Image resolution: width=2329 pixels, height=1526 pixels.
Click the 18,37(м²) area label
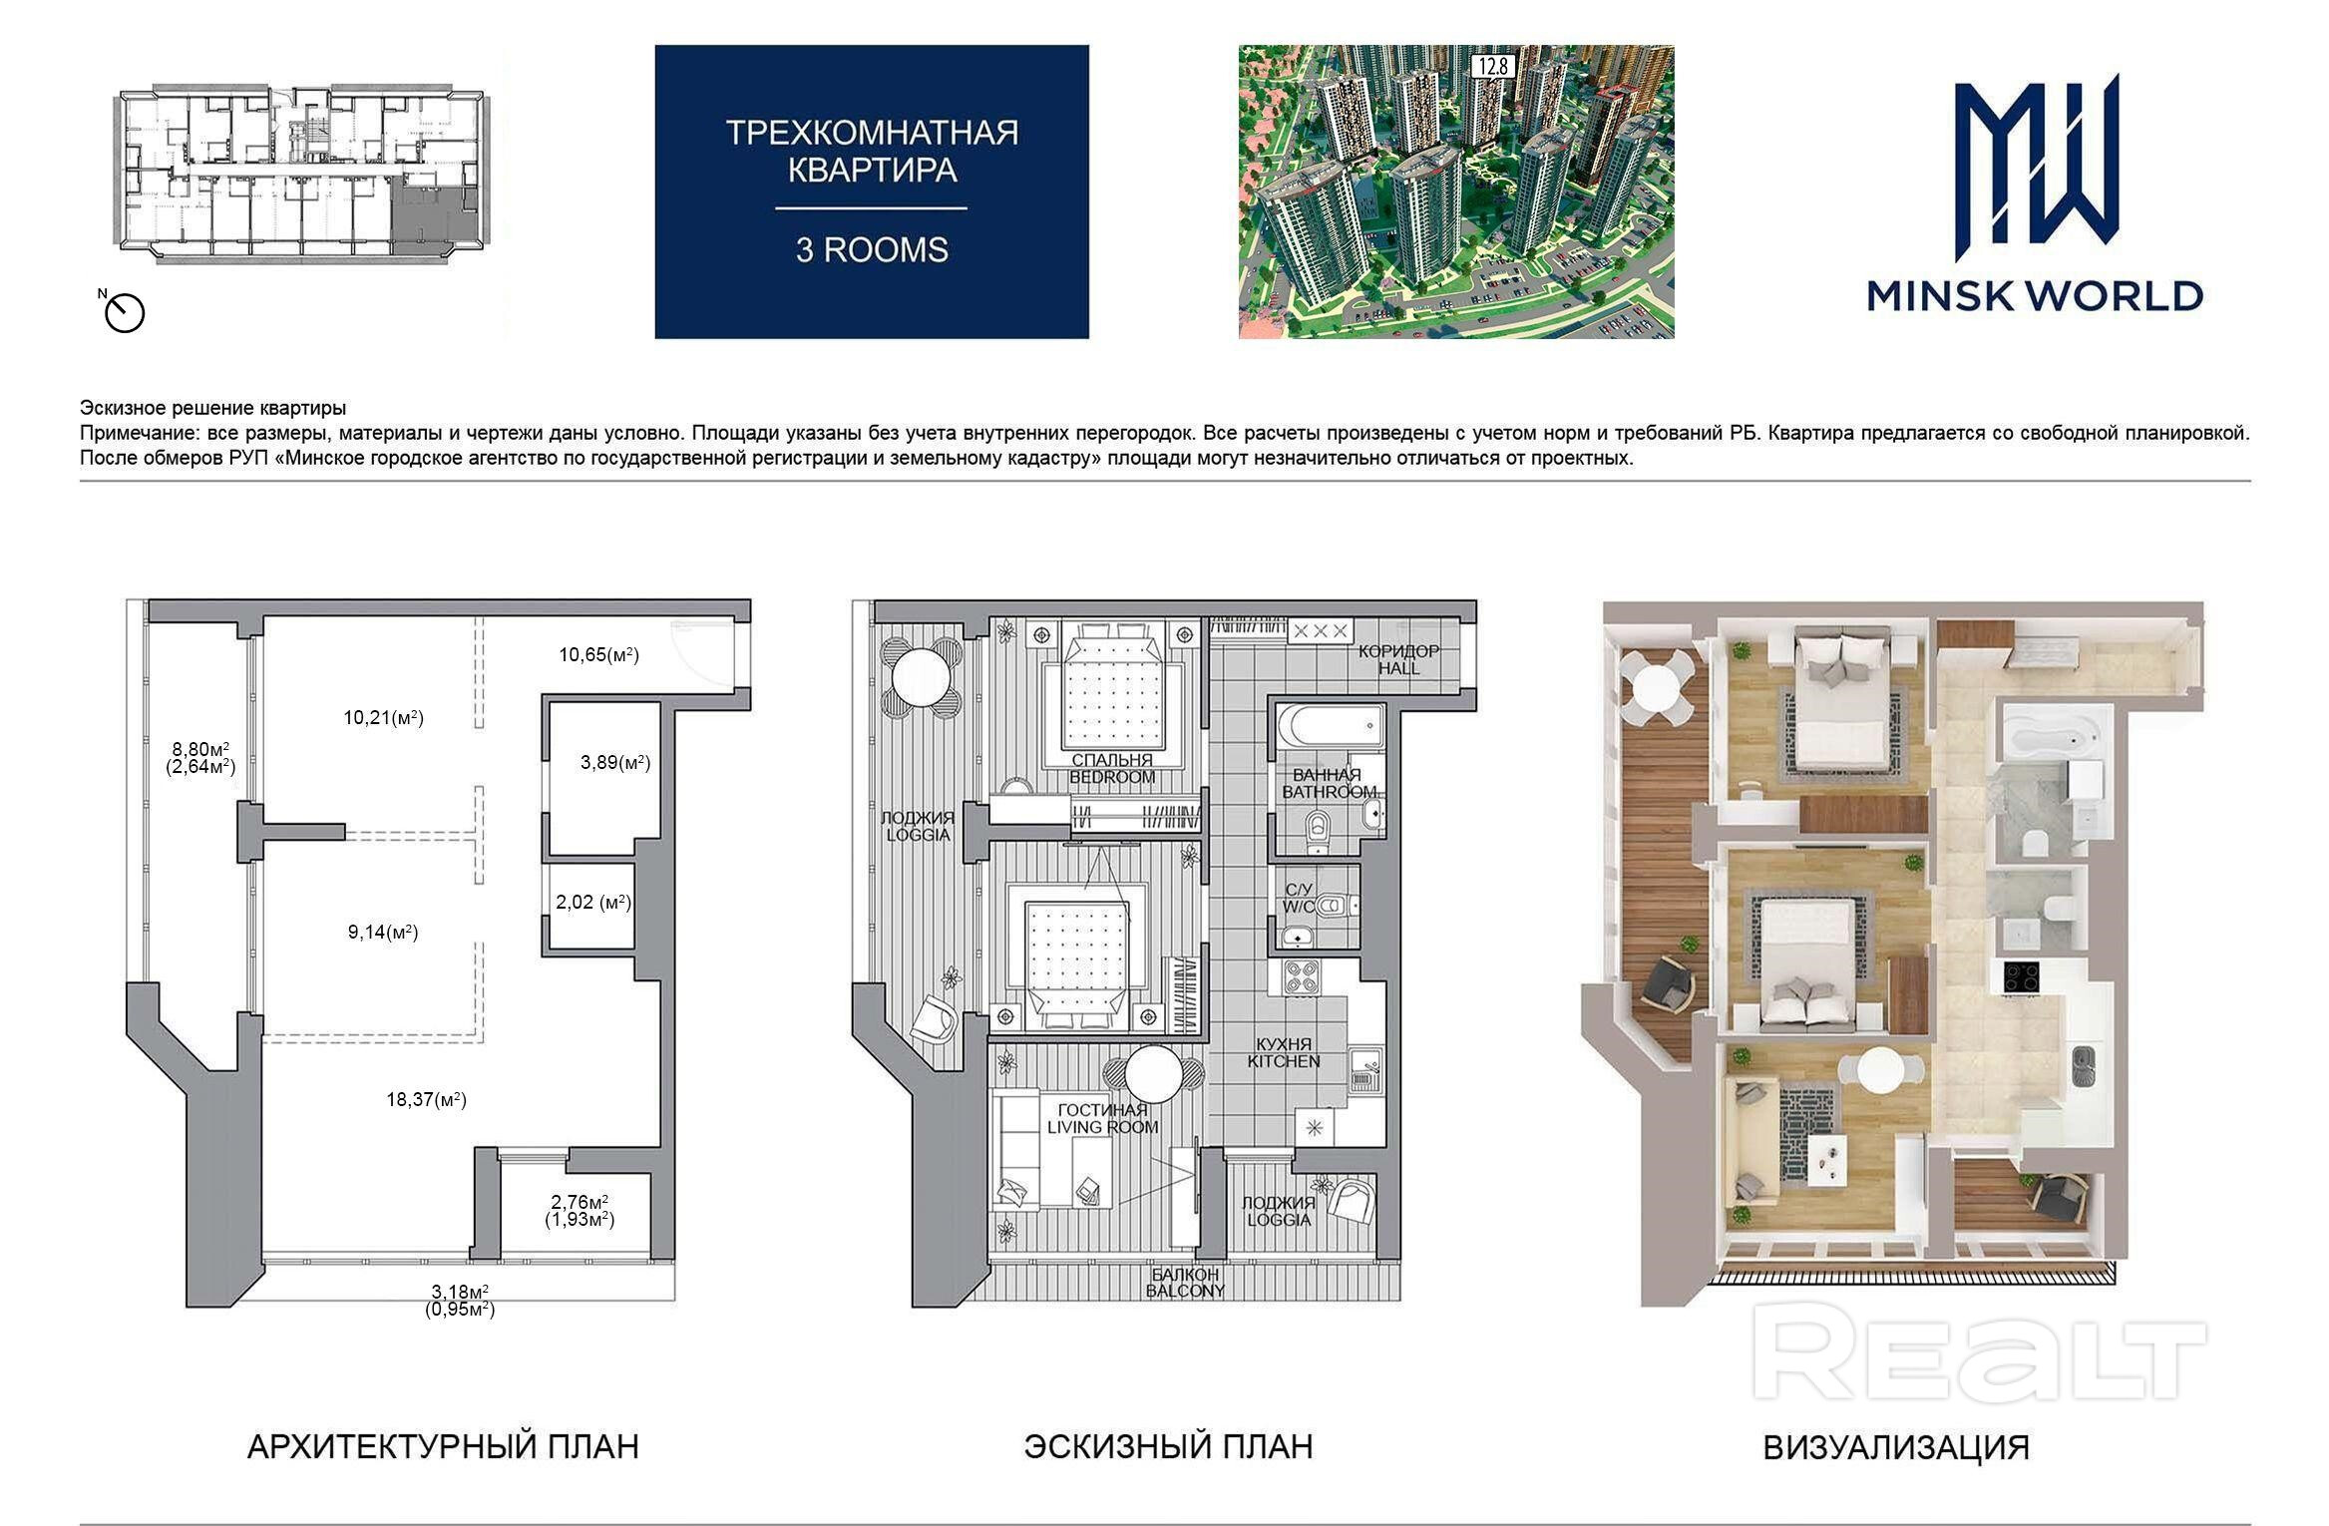426,1100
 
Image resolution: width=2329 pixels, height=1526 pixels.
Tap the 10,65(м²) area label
598,655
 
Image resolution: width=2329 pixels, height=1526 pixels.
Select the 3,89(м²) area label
615,763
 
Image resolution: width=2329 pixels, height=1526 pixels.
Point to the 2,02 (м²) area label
593,902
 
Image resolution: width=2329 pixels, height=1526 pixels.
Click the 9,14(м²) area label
383,933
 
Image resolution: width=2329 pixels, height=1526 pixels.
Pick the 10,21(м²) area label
384,717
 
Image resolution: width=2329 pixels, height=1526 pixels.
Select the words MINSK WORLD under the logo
2035,296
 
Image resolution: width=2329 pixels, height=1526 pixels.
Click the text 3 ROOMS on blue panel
872,249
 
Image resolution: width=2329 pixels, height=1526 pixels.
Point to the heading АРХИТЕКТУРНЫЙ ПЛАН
443,1447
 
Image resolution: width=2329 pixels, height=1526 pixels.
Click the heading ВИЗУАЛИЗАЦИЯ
1896,1448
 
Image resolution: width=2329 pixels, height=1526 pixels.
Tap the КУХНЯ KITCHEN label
1284,1052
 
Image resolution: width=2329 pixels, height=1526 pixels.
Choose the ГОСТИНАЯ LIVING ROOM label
1102,1118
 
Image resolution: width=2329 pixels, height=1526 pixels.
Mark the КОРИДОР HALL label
1398,659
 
